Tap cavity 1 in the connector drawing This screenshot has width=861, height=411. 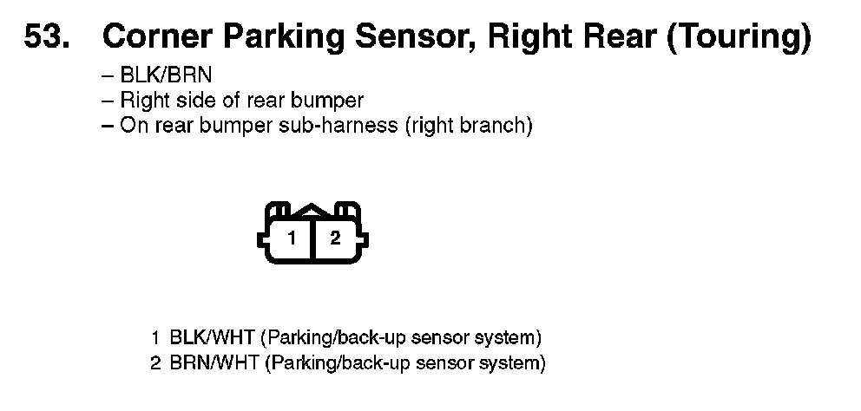click(x=292, y=238)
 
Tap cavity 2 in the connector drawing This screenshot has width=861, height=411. click(x=335, y=238)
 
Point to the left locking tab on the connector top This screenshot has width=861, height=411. click(x=278, y=212)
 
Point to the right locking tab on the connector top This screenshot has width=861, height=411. click(x=348, y=212)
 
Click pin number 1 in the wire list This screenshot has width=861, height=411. click(x=155, y=336)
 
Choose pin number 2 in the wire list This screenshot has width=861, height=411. click(x=155, y=362)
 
